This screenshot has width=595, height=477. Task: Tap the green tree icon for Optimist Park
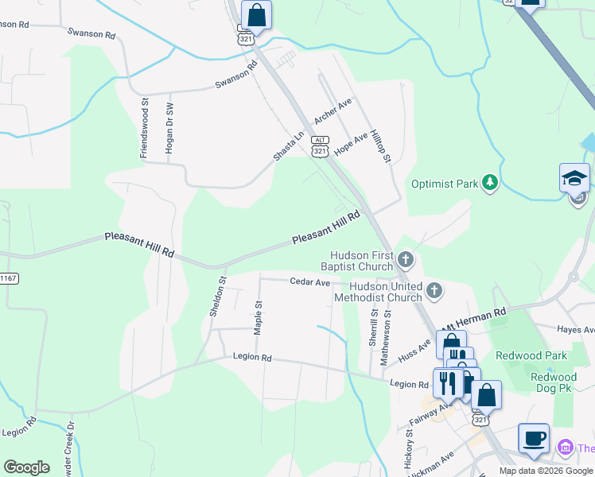(x=491, y=184)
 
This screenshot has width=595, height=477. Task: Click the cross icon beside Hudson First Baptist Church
(x=406, y=259)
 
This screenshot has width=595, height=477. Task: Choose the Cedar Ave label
(x=309, y=281)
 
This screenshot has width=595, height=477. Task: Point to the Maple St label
(x=258, y=316)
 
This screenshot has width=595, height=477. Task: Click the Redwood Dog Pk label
(x=554, y=385)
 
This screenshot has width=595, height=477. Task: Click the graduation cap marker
(x=574, y=178)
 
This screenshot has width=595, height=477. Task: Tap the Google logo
(x=26, y=467)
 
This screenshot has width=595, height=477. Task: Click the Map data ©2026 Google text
(x=546, y=471)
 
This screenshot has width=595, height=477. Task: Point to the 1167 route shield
(x=8, y=278)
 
